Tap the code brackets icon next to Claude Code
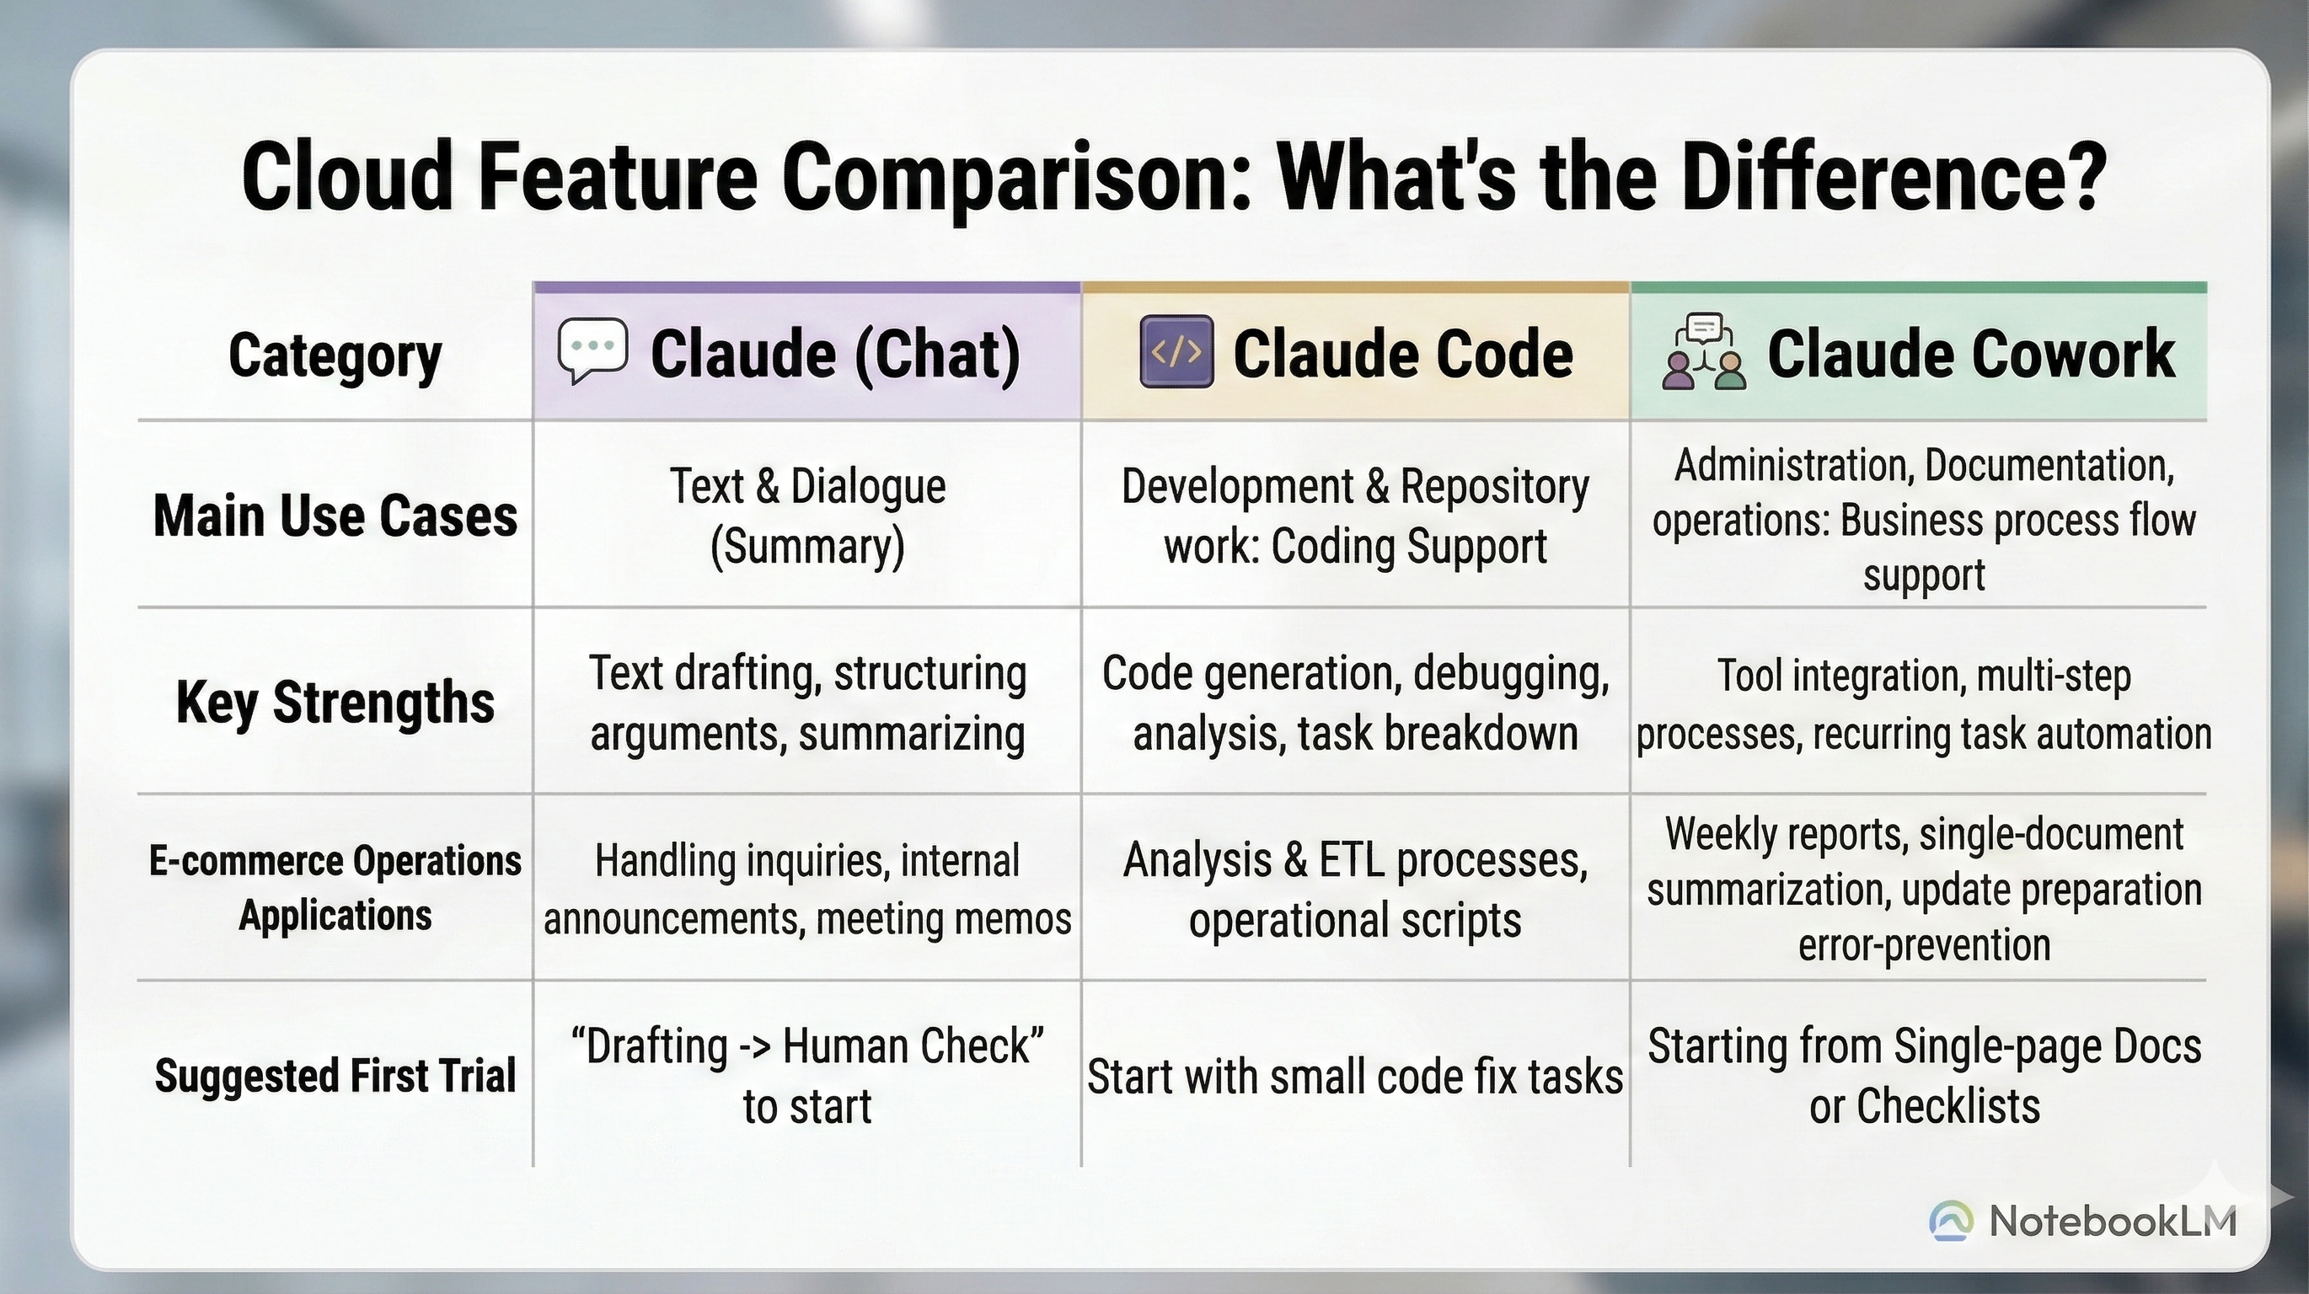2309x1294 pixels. [1177, 351]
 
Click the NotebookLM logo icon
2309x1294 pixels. [1953, 1221]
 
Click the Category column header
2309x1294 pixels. [335, 356]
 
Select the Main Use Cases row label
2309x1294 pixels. [335, 516]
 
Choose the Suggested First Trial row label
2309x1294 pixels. [335, 1075]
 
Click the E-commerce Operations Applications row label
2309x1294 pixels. [335, 888]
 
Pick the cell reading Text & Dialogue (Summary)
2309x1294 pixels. [807, 516]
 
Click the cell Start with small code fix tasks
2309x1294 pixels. [1354, 1077]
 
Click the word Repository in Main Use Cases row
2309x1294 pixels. [1494, 488]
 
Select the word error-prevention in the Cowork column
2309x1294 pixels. [1924, 944]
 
